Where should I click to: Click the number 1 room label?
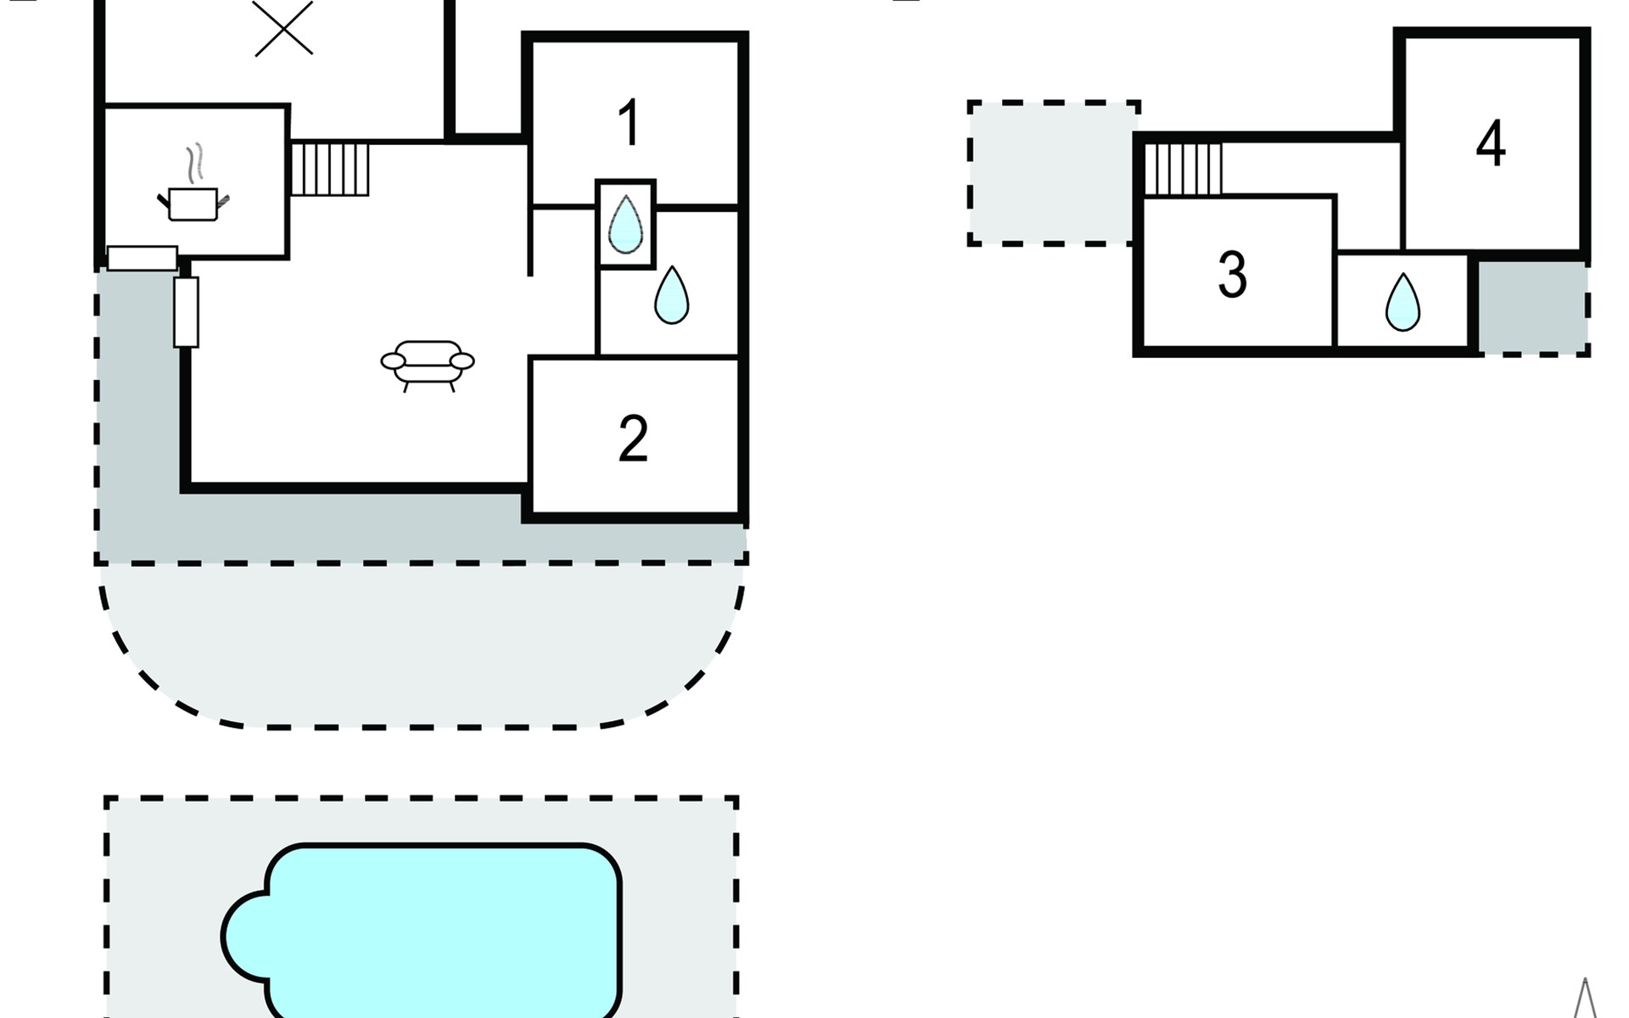628,123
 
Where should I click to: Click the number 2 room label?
633,439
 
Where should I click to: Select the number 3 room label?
1232,275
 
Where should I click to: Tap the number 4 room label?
1491,143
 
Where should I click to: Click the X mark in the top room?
284,27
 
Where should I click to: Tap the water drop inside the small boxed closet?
626,224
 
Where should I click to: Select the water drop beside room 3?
1402,302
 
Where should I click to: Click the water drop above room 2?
671,295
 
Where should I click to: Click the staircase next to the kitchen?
330,169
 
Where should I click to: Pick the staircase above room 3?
1184,169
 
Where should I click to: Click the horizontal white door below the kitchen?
143,258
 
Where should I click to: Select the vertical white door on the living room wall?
186,312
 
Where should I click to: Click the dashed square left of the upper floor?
1052,174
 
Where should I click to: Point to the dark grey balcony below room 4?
1532,307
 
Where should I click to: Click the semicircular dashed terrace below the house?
422,645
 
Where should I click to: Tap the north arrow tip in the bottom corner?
1585,979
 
